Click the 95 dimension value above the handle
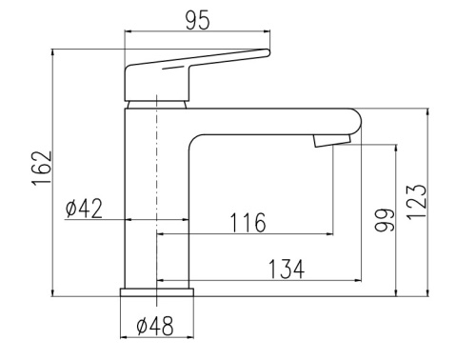[197, 20]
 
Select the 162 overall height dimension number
[42, 168]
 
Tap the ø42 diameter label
[84, 209]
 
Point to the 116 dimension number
[248, 223]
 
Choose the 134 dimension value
[287, 270]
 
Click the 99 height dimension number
[385, 220]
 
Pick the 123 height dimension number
[416, 202]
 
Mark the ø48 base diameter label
[155, 326]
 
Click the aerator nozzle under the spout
[332, 140]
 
